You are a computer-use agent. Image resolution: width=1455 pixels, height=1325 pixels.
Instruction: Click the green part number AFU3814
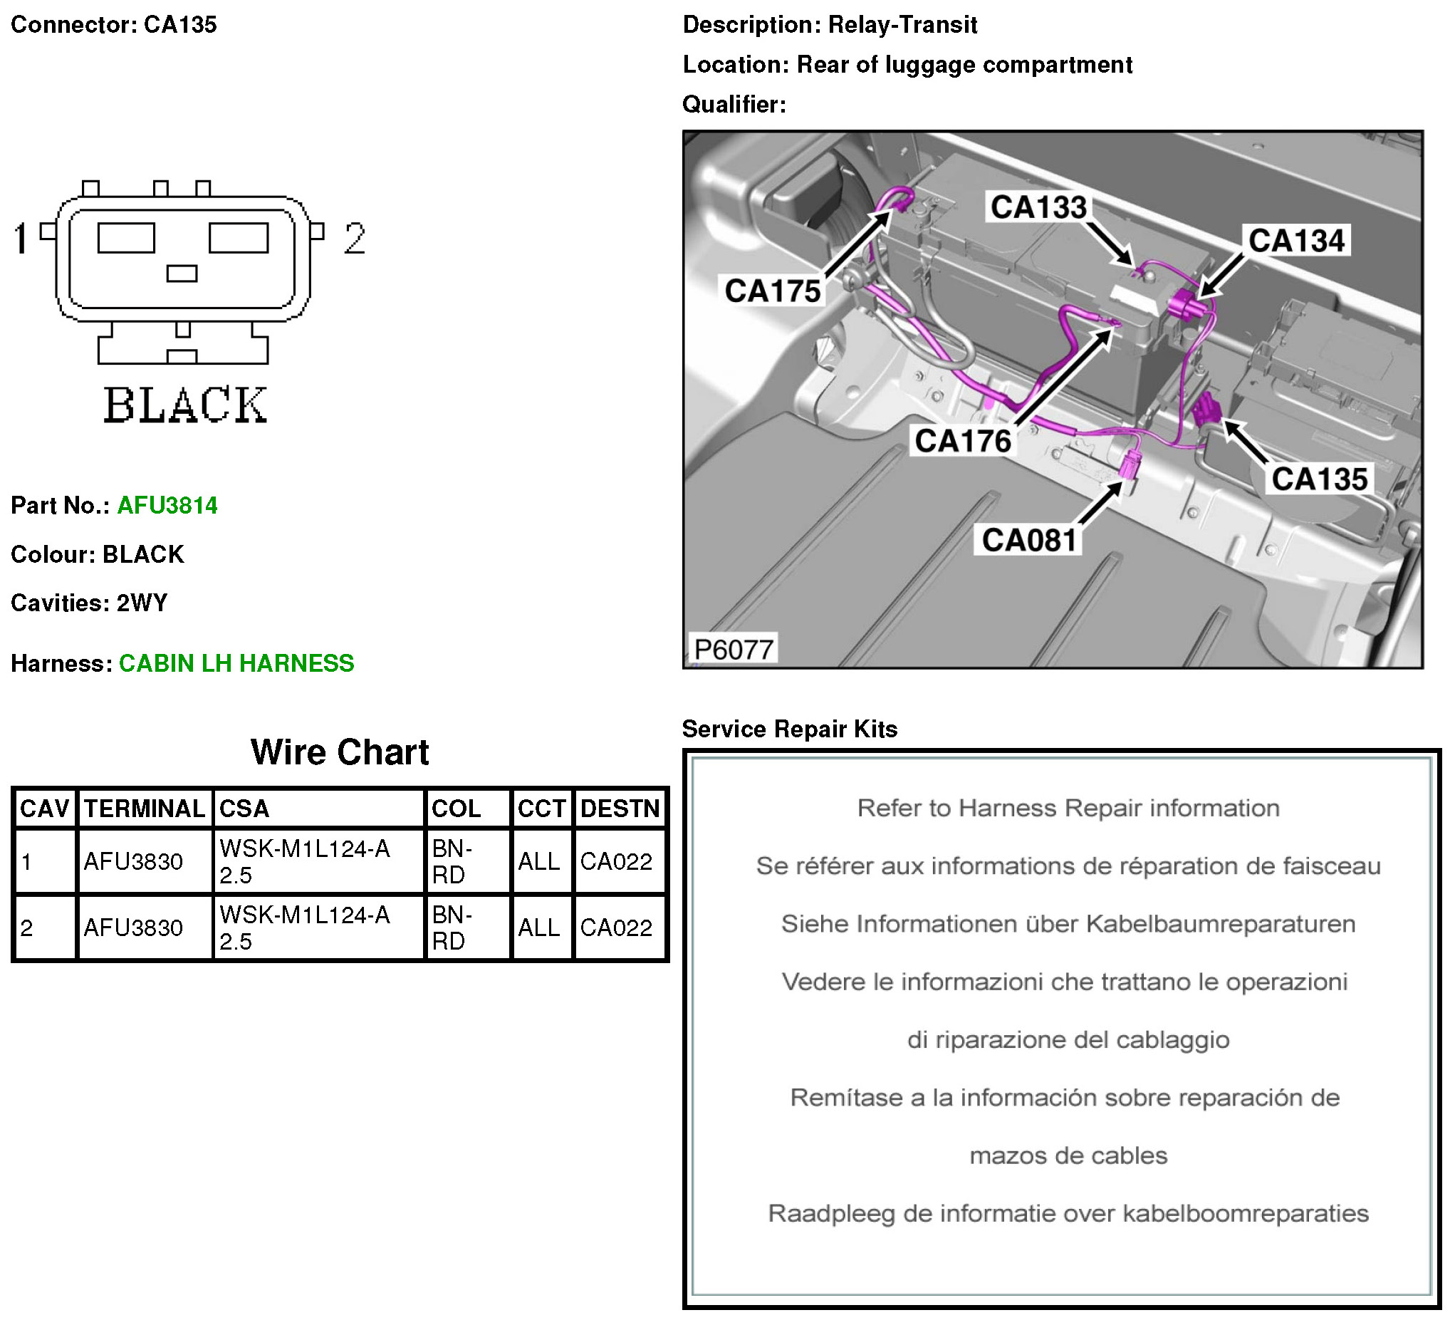[x=167, y=506]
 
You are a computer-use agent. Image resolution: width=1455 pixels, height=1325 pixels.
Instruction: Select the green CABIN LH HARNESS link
[x=236, y=663]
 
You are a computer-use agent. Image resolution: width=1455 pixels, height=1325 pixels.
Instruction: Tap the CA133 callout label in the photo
[x=1038, y=207]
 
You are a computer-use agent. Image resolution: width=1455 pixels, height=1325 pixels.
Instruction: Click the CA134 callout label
[x=1296, y=241]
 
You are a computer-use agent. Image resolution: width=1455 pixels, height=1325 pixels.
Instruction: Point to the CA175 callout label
[x=772, y=291]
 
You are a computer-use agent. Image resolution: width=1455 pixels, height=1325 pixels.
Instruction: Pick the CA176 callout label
[x=963, y=440]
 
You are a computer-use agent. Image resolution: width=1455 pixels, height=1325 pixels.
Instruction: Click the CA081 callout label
[x=1029, y=540]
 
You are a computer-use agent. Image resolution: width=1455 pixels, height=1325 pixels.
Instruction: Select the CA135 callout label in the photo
[x=1319, y=479]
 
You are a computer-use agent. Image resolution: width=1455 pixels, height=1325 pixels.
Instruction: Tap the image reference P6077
[x=734, y=649]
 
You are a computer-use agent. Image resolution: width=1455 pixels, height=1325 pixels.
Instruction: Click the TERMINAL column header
[x=145, y=808]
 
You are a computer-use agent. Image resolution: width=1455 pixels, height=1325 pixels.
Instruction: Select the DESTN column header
[x=620, y=808]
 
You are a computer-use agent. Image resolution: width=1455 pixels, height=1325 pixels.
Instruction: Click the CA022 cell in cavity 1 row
[x=615, y=861]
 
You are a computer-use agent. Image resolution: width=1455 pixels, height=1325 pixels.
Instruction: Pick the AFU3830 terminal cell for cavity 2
[x=133, y=928]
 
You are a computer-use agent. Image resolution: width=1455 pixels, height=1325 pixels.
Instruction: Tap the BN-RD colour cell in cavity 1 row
[x=452, y=861]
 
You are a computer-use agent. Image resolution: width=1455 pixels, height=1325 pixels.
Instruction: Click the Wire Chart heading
[x=339, y=752]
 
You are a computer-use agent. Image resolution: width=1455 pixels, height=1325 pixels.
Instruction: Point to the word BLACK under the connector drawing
[x=184, y=405]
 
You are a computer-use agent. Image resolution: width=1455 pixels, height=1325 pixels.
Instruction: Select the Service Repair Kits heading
[x=790, y=729]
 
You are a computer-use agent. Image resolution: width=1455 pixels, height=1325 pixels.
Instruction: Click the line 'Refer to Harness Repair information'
[x=1068, y=808]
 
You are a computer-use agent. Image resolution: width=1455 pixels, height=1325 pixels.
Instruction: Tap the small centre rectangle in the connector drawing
[x=182, y=274]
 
